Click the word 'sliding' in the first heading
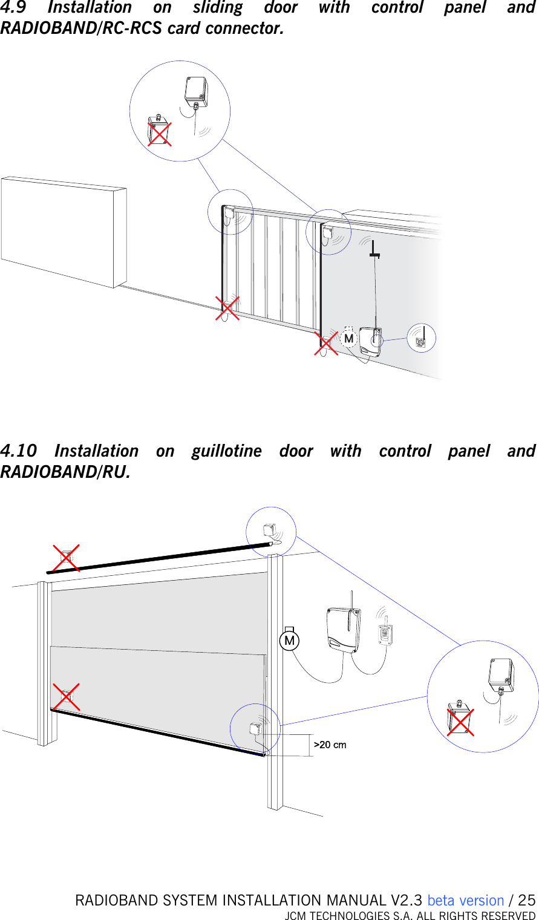(217, 8)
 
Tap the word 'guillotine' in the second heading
(227, 451)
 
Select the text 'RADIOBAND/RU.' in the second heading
(65, 472)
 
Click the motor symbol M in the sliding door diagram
(348, 338)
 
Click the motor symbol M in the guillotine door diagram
(290, 641)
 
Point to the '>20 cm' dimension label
(330, 745)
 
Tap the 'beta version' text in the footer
(465, 901)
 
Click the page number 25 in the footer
(527, 901)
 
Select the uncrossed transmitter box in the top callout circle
(196, 92)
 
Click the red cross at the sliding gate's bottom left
(227, 308)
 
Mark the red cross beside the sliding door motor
(326, 344)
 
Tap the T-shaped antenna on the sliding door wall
(375, 249)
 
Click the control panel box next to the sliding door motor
(370, 342)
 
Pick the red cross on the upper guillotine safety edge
(65, 558)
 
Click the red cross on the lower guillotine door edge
(66, 697)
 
